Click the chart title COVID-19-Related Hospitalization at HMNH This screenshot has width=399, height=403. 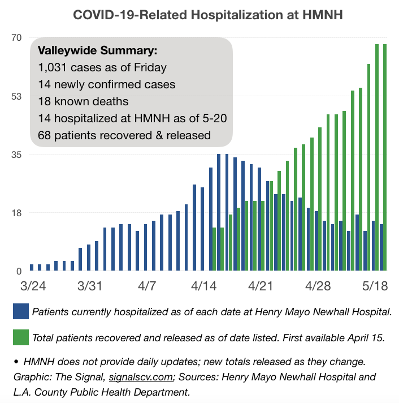click(208, 15)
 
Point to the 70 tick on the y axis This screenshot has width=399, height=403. click(16, 38)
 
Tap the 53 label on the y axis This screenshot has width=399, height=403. click(16, 96)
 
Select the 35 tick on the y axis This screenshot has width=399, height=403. click(16, 155)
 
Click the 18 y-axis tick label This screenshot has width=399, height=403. click(16, 213)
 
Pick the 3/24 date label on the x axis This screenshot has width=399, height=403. click(33, 286)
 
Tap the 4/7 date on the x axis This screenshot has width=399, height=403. click(147, 286)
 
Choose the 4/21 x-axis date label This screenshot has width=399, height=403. click(261, 286)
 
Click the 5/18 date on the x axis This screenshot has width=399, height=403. click(375, 286)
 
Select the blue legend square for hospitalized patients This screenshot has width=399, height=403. click(21, 311)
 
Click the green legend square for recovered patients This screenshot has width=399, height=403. click(21, 337)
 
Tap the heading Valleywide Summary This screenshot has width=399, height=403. click(97, 50)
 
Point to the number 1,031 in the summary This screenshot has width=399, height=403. click(53, 67)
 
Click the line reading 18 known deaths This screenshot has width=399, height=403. click(83, 101)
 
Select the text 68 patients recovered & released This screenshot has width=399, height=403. click(124, 135)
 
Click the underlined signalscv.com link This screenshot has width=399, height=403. click(141, 377)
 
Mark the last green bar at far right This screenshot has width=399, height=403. click(385, 157)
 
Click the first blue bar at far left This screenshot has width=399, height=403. click(32, 267)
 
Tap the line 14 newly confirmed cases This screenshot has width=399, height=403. click(107, 84)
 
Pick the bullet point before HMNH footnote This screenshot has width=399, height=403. click(16, 362)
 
